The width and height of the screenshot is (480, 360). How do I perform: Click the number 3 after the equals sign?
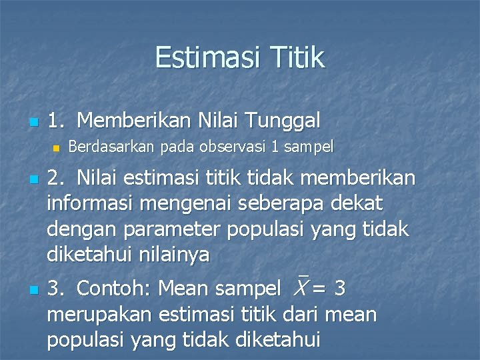click(x=340, y=289)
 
